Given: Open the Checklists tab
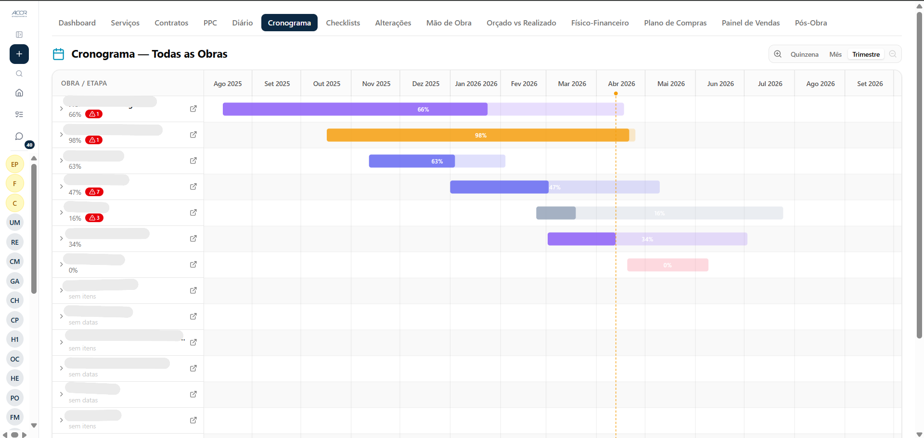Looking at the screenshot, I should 343,23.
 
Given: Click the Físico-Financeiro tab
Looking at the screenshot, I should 600,23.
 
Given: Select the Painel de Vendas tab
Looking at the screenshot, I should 750,23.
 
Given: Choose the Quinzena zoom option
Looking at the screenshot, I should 804,54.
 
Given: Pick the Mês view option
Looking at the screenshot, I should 835,54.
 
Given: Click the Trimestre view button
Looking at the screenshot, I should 866,54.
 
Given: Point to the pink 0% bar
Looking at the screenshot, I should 667,265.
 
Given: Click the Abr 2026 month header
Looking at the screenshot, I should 621,84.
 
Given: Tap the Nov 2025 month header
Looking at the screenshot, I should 376,84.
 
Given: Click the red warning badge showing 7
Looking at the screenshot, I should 94,192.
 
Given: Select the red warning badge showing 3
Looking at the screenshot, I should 94,218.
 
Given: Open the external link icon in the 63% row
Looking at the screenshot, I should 193,161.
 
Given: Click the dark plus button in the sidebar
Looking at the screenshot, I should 19,54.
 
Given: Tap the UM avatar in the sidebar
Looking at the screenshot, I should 15,223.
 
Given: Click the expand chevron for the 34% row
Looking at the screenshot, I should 61,238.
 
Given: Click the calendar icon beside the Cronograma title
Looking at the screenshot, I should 58,54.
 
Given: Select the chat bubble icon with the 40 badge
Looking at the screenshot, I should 19,137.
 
